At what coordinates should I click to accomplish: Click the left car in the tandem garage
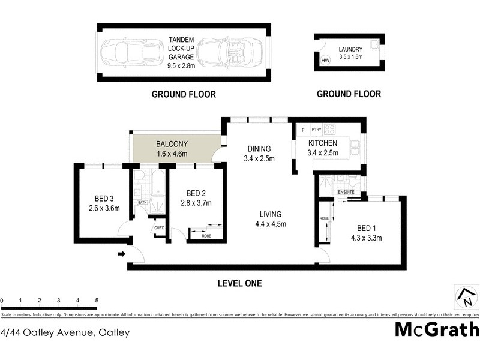130,53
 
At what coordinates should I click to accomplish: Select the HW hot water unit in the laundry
326,61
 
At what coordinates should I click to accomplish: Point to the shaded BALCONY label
172,144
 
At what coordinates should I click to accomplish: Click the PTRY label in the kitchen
316,130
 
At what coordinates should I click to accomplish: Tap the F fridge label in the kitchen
303,130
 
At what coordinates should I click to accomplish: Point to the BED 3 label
104,199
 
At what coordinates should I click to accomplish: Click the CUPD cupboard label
159,228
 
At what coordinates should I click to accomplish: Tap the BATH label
143,202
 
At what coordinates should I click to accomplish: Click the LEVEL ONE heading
239,283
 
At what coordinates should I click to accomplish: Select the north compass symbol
466,296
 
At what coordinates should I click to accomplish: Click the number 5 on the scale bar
96,300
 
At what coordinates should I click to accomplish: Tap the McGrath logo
436,329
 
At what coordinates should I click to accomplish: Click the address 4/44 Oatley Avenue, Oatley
65,332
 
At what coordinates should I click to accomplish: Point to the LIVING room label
271,214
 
